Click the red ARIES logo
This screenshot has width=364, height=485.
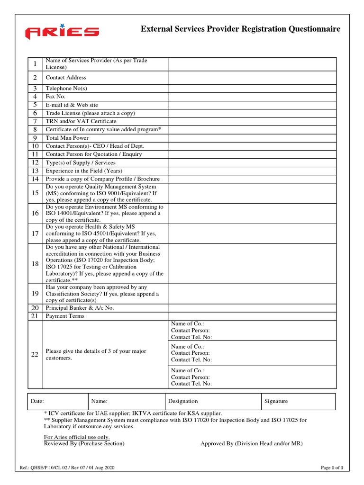(62, 33)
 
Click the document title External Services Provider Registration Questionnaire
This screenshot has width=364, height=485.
(240, 29)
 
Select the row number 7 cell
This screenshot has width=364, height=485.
(35, 121)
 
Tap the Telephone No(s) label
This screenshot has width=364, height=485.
(66, 89)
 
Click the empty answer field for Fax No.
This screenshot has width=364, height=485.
(252, 97)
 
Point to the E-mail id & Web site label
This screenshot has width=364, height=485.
(72, 105)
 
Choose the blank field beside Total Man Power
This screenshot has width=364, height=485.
(252, 138)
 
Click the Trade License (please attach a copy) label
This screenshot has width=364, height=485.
(90, 113)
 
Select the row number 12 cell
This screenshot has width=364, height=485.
(35, 162)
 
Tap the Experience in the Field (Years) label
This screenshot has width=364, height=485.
(84, 171)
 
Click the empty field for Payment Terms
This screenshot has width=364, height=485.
(252, 316)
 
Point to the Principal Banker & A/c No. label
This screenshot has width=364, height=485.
(80, 308)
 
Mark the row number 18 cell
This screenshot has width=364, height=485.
(35, 264)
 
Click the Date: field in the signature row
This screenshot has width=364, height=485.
(57, 401)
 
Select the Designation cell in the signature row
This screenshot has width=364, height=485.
(213, 401)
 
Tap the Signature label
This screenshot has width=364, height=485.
(276, 401)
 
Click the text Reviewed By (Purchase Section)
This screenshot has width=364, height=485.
(84, 443)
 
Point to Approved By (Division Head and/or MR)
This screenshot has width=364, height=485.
(251, 443)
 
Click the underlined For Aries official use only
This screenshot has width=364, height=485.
(77, 437)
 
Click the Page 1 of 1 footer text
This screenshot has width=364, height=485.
(332, 468)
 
